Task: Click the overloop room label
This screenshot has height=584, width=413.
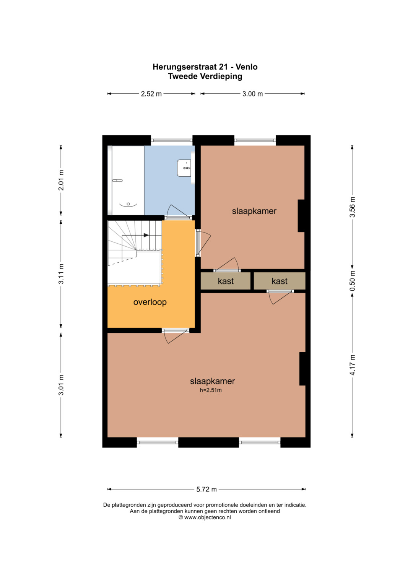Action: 150,302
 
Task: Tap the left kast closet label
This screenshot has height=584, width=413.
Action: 226,281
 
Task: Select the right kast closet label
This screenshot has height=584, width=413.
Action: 280,281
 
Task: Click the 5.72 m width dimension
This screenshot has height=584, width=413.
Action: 206,490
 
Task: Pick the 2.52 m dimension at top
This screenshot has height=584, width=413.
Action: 151,94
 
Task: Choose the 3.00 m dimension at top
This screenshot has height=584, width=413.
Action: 252,94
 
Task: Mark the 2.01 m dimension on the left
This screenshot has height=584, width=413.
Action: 61,180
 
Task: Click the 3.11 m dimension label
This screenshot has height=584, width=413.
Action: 61,274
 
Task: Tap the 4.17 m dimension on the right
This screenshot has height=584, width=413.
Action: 353,365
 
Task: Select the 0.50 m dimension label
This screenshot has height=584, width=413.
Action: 353,281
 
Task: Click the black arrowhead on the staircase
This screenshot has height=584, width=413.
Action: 146,235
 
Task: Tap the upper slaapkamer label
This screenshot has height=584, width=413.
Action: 254,211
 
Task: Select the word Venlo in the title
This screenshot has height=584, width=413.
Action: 246,67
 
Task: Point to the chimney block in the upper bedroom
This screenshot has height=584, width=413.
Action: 301,216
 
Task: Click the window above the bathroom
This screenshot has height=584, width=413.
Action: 172,140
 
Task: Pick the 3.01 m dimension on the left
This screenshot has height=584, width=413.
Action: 61,385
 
